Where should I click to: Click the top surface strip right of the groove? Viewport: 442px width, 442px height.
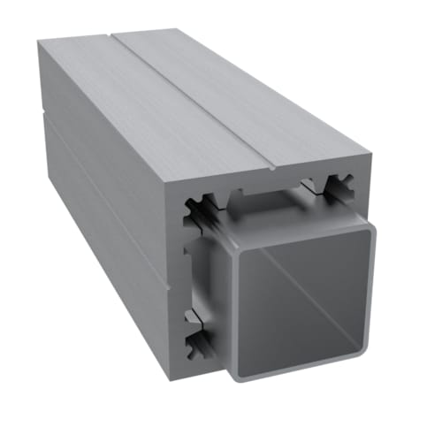pyautogui.click(x=248, y=97)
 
